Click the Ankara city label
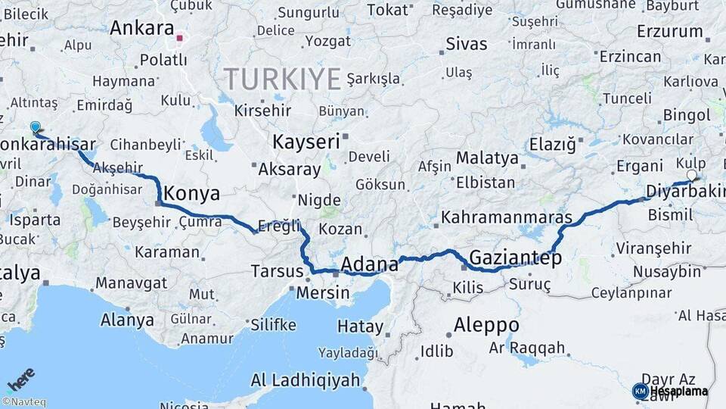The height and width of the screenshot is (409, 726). [x=141, y=28]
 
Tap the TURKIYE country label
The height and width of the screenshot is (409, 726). [x=281, y=78]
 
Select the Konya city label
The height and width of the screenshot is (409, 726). [x=191, y=193]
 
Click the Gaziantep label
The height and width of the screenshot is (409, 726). [x=516, y=258]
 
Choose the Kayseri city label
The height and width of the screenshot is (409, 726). [x=306, y=142]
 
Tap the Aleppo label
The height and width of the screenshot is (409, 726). [x=486, y=326]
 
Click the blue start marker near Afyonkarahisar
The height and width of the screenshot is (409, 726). [x=36, y=128]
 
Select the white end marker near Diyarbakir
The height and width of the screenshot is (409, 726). [x=691, y=175]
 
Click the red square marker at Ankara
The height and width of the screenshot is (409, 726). [x=180, y=36]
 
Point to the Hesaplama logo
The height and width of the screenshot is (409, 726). [x=672, y=391]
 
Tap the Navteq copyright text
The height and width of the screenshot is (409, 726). [x=23, y=402]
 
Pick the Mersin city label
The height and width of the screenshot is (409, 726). [x=323, y=292]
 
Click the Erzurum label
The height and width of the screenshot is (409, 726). [x=670, y=32]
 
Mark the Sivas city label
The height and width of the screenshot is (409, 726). [x=467, y=43]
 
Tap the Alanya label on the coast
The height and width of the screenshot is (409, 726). [x=127, y=320]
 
